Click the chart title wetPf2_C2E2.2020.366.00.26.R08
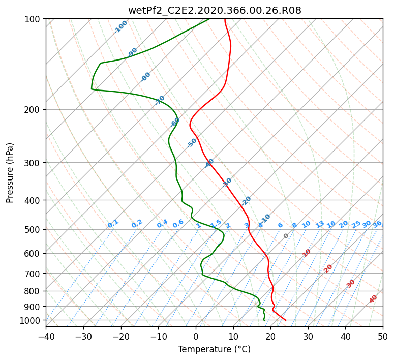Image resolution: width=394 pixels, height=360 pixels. (x=215, y=11)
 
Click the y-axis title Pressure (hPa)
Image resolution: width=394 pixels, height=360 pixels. (x=10, y=173)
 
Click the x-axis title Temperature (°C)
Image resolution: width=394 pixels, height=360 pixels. (x=215, y=349)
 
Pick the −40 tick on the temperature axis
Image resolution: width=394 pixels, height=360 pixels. (x=46, y=336)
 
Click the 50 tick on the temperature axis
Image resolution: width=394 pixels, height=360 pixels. (x=383, y=336)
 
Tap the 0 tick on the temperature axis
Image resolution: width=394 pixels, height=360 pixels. (x=196, y=336)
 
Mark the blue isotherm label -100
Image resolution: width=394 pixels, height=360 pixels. (x=120, y=27)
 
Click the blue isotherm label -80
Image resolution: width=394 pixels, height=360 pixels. (x=145, y=77)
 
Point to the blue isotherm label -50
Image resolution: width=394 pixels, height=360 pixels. (x=192, y=143)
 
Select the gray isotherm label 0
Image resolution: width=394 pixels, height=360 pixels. (x=286, y=236)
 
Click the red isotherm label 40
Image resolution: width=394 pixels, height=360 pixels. (x=373, y=299)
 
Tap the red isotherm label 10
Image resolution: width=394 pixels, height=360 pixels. (x=307, y=253)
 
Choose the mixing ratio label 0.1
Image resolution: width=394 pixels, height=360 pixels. (x=113, y=224)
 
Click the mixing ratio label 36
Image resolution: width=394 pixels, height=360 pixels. (x=377, y=224)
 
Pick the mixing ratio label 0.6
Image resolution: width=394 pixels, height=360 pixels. (x=178, y=224)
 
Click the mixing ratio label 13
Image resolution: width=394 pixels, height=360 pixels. (x=320, y=224)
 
